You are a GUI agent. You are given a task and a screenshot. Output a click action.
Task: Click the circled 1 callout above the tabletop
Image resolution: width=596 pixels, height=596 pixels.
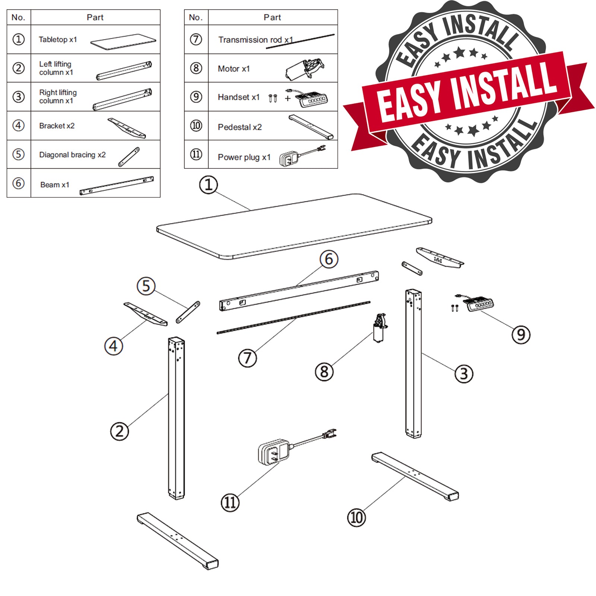point(208,185)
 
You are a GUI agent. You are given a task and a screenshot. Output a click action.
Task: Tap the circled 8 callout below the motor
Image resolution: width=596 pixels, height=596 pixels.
point(324,372)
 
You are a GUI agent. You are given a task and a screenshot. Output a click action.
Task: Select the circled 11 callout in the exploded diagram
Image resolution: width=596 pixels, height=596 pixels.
point(230,503)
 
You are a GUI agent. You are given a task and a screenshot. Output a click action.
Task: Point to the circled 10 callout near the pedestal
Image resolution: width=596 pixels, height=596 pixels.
point(356,517)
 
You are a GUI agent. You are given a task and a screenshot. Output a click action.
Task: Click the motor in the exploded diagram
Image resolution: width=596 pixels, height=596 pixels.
point(380,327)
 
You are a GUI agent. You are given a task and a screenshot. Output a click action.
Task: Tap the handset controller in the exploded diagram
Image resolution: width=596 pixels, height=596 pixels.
point(479,304)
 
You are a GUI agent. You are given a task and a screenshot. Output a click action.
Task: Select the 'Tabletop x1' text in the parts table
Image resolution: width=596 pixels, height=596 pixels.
point(58,39)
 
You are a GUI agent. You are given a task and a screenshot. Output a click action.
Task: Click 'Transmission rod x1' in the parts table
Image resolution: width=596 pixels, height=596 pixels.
point(256,40)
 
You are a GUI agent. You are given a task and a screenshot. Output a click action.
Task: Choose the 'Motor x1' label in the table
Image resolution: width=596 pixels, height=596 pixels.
point(234,69)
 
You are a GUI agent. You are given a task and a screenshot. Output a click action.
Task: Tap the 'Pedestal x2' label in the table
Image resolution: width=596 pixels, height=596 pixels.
point(240,127)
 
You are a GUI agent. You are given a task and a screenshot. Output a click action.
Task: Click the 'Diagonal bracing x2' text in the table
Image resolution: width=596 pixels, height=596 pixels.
point(72,155)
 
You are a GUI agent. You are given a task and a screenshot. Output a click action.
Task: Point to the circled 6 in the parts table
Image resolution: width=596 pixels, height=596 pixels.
point(19,183)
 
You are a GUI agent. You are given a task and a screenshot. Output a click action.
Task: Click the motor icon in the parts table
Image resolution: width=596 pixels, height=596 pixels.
point(304,69)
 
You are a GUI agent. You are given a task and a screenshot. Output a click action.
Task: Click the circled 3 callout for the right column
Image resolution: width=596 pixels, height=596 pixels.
point(464,374)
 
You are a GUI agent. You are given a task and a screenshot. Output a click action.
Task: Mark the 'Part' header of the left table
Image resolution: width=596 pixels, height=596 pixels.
point(95,18)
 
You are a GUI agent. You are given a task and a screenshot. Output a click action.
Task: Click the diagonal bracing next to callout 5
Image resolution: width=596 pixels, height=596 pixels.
point(188,312)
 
